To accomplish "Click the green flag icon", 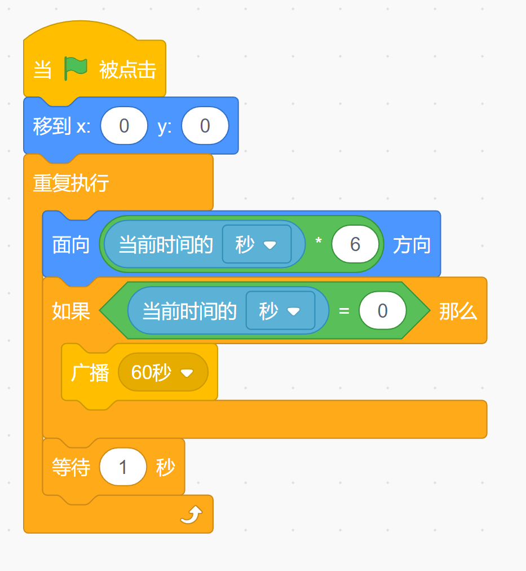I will point(76,69).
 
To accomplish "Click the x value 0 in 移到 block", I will point(124,126).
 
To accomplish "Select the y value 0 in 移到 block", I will point(205,126).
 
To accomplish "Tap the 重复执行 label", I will point(70,183).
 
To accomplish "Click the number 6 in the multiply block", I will point(355,244).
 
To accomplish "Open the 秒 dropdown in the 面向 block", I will point(257,244).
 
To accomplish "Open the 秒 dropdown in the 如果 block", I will point(280,311).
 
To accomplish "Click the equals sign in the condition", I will point(344,311).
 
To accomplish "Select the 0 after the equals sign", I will point(382,311).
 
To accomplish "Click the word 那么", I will point(458,311).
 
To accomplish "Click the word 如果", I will point(71,311).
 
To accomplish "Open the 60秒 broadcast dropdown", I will point(163,372).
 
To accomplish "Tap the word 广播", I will point(90,372).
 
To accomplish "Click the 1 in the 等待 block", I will point(123,467).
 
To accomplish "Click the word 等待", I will point(71,467).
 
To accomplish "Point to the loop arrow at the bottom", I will point(191,514).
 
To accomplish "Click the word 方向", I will point(412,244).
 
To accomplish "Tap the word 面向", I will point(71,244).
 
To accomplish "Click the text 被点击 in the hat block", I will point(127,70).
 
